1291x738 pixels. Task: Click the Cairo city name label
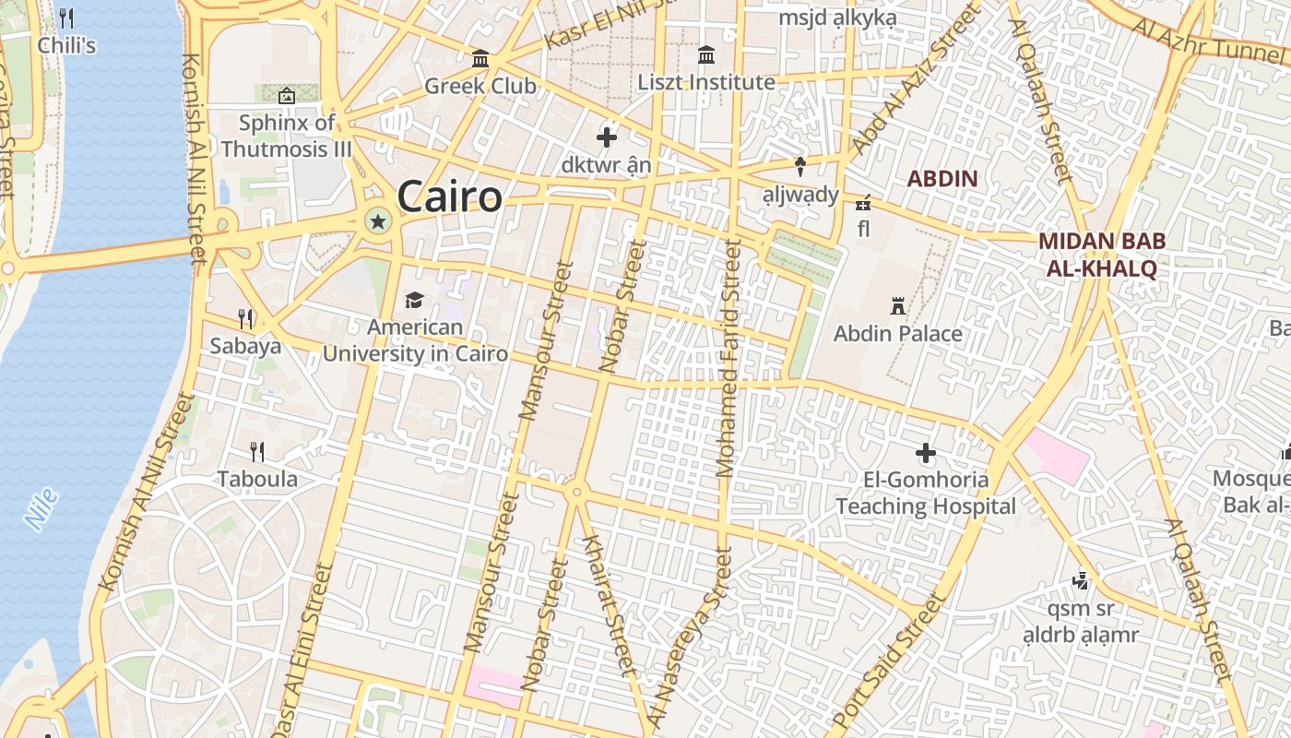click(x=450, y=196)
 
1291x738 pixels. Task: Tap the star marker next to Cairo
click(x=377, y=220)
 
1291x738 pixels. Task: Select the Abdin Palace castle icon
click(x=897, y=305)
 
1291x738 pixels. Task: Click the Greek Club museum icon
click(x=480, y=59)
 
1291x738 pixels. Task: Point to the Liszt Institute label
click(x=706, y=82)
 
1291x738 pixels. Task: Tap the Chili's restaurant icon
click(x=66, y=18)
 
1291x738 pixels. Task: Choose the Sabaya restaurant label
click(x=245, y=346)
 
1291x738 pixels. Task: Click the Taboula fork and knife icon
click(x=257, y=451)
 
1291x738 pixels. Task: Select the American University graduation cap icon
click(x=414, y=300)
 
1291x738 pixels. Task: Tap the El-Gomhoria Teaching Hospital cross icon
click(x=926, y=453)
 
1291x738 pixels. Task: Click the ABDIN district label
click(x=942, y=178)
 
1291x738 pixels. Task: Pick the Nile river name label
click(x=42, y=508)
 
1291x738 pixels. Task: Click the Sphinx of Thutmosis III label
click(x=287, y=136)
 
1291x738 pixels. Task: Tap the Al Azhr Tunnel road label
click(x=1208, y=40)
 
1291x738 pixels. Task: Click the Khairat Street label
click(x=607, y=601)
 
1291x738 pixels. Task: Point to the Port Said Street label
click(x=888, y=662)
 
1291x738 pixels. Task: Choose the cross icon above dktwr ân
click(x=607, y=137)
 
